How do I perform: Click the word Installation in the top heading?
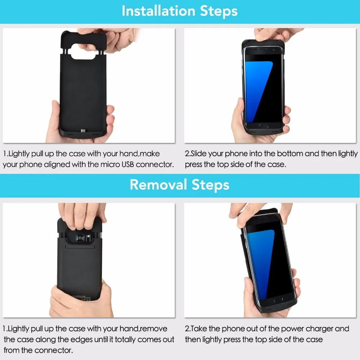[158, 11]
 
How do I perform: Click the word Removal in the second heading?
[158, 185]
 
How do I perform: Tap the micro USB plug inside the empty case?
[83, 131]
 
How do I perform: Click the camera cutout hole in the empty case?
[83, 51]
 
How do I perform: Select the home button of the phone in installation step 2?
[264, 126]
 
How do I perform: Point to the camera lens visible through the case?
[80, 238]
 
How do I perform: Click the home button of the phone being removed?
[278, 300]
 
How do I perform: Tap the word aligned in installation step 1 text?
[57, 165]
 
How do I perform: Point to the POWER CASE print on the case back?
[79, 296]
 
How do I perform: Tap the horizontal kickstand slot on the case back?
[80, 247]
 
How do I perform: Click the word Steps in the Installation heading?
[219, 11]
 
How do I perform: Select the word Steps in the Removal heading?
[210, 185]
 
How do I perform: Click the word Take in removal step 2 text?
[199, 329]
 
